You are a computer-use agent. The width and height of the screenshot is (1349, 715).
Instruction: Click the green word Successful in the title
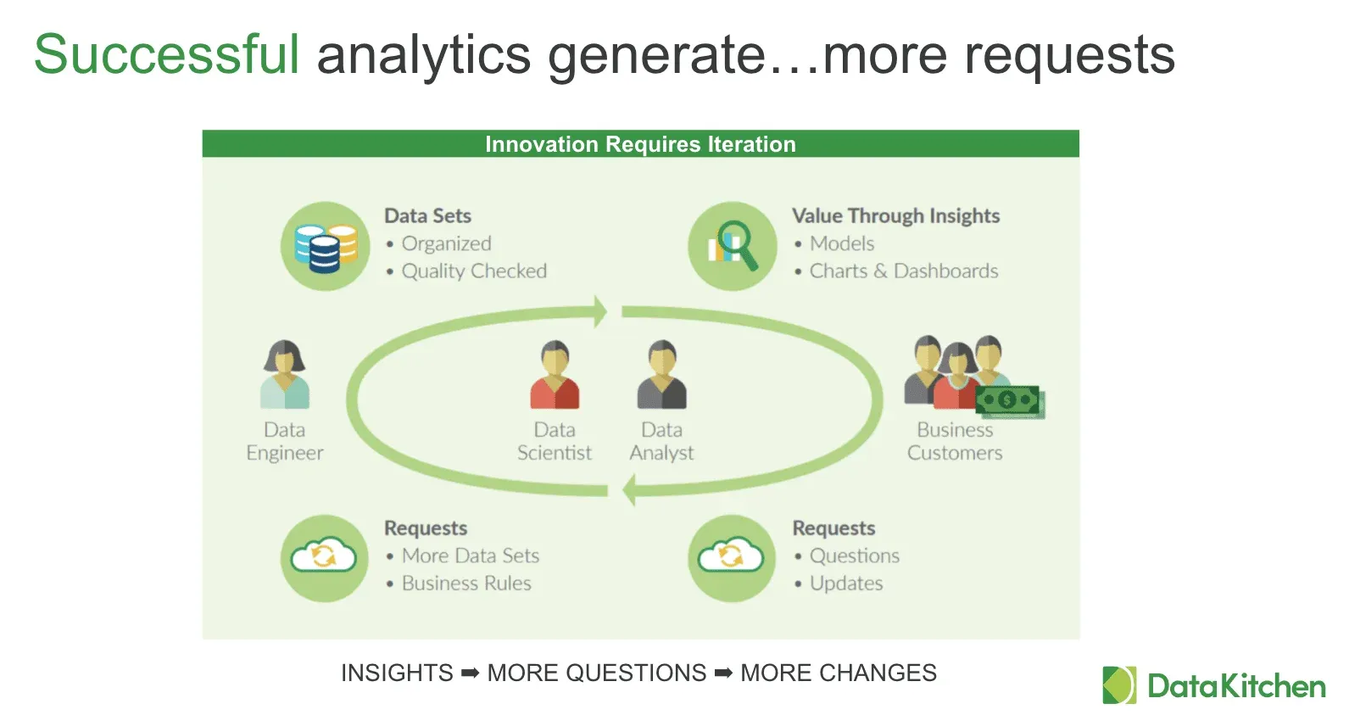point(166,54)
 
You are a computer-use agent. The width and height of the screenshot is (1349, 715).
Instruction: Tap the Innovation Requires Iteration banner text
point(640,144)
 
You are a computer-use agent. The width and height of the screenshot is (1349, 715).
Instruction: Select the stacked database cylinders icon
point(326,248)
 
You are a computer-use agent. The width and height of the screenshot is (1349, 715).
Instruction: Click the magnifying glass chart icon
point(733,246)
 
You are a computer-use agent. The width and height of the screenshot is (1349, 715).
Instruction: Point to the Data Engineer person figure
point(285,374)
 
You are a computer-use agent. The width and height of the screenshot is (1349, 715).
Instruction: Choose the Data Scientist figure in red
point(555,375)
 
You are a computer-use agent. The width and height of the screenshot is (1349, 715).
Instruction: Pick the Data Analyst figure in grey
point(662,375)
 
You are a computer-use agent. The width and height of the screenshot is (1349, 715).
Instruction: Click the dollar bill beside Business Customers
point(1010,401)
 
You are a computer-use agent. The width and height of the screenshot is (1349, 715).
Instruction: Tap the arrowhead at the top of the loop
point(600,311)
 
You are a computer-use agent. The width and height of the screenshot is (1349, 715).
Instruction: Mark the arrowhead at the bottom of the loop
point(629,489)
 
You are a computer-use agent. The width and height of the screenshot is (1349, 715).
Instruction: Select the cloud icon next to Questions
point(732,555)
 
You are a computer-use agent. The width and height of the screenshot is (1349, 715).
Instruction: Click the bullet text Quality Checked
point(474,271)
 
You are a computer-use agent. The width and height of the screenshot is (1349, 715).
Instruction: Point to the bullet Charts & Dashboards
point(903,271)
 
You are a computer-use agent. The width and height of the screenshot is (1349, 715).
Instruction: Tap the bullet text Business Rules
point(466,583)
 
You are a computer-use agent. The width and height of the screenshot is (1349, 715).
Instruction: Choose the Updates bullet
point(846,583)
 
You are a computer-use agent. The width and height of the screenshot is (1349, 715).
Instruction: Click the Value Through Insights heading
point(895,215)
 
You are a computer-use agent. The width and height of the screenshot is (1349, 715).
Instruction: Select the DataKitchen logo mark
point(1119,684)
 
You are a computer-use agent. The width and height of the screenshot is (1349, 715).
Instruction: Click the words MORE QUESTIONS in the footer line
point(596,673)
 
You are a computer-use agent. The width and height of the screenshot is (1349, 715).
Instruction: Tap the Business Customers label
point(955,441)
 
